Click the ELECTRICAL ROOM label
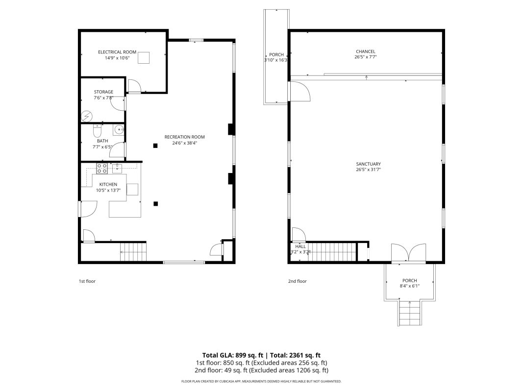(x=117, y=52)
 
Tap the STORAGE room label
(x=103, y=92)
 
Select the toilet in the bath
(x=97, y=131)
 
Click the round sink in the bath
(x=119, y=129)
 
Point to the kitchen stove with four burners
(x=102, y=169)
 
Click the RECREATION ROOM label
(x=184, y=137)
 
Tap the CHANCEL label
(x=366, y=51)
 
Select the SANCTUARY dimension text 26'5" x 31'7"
(x=368, y=170)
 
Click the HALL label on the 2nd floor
(x=300, y=246)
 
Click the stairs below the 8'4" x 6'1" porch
(x=410, y=313)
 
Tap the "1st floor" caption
(x=87, y=281)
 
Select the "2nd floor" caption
(x=297, y=281)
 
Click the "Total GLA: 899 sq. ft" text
(x=233, y=355)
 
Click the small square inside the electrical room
(x=144, y=58)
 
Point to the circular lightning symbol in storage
(x=87, y=116)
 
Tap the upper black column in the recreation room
(x=155, y=146)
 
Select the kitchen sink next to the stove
(x=117, y=169)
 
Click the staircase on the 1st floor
(x=133, y=252)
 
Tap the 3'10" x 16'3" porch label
(x=276, y=57)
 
